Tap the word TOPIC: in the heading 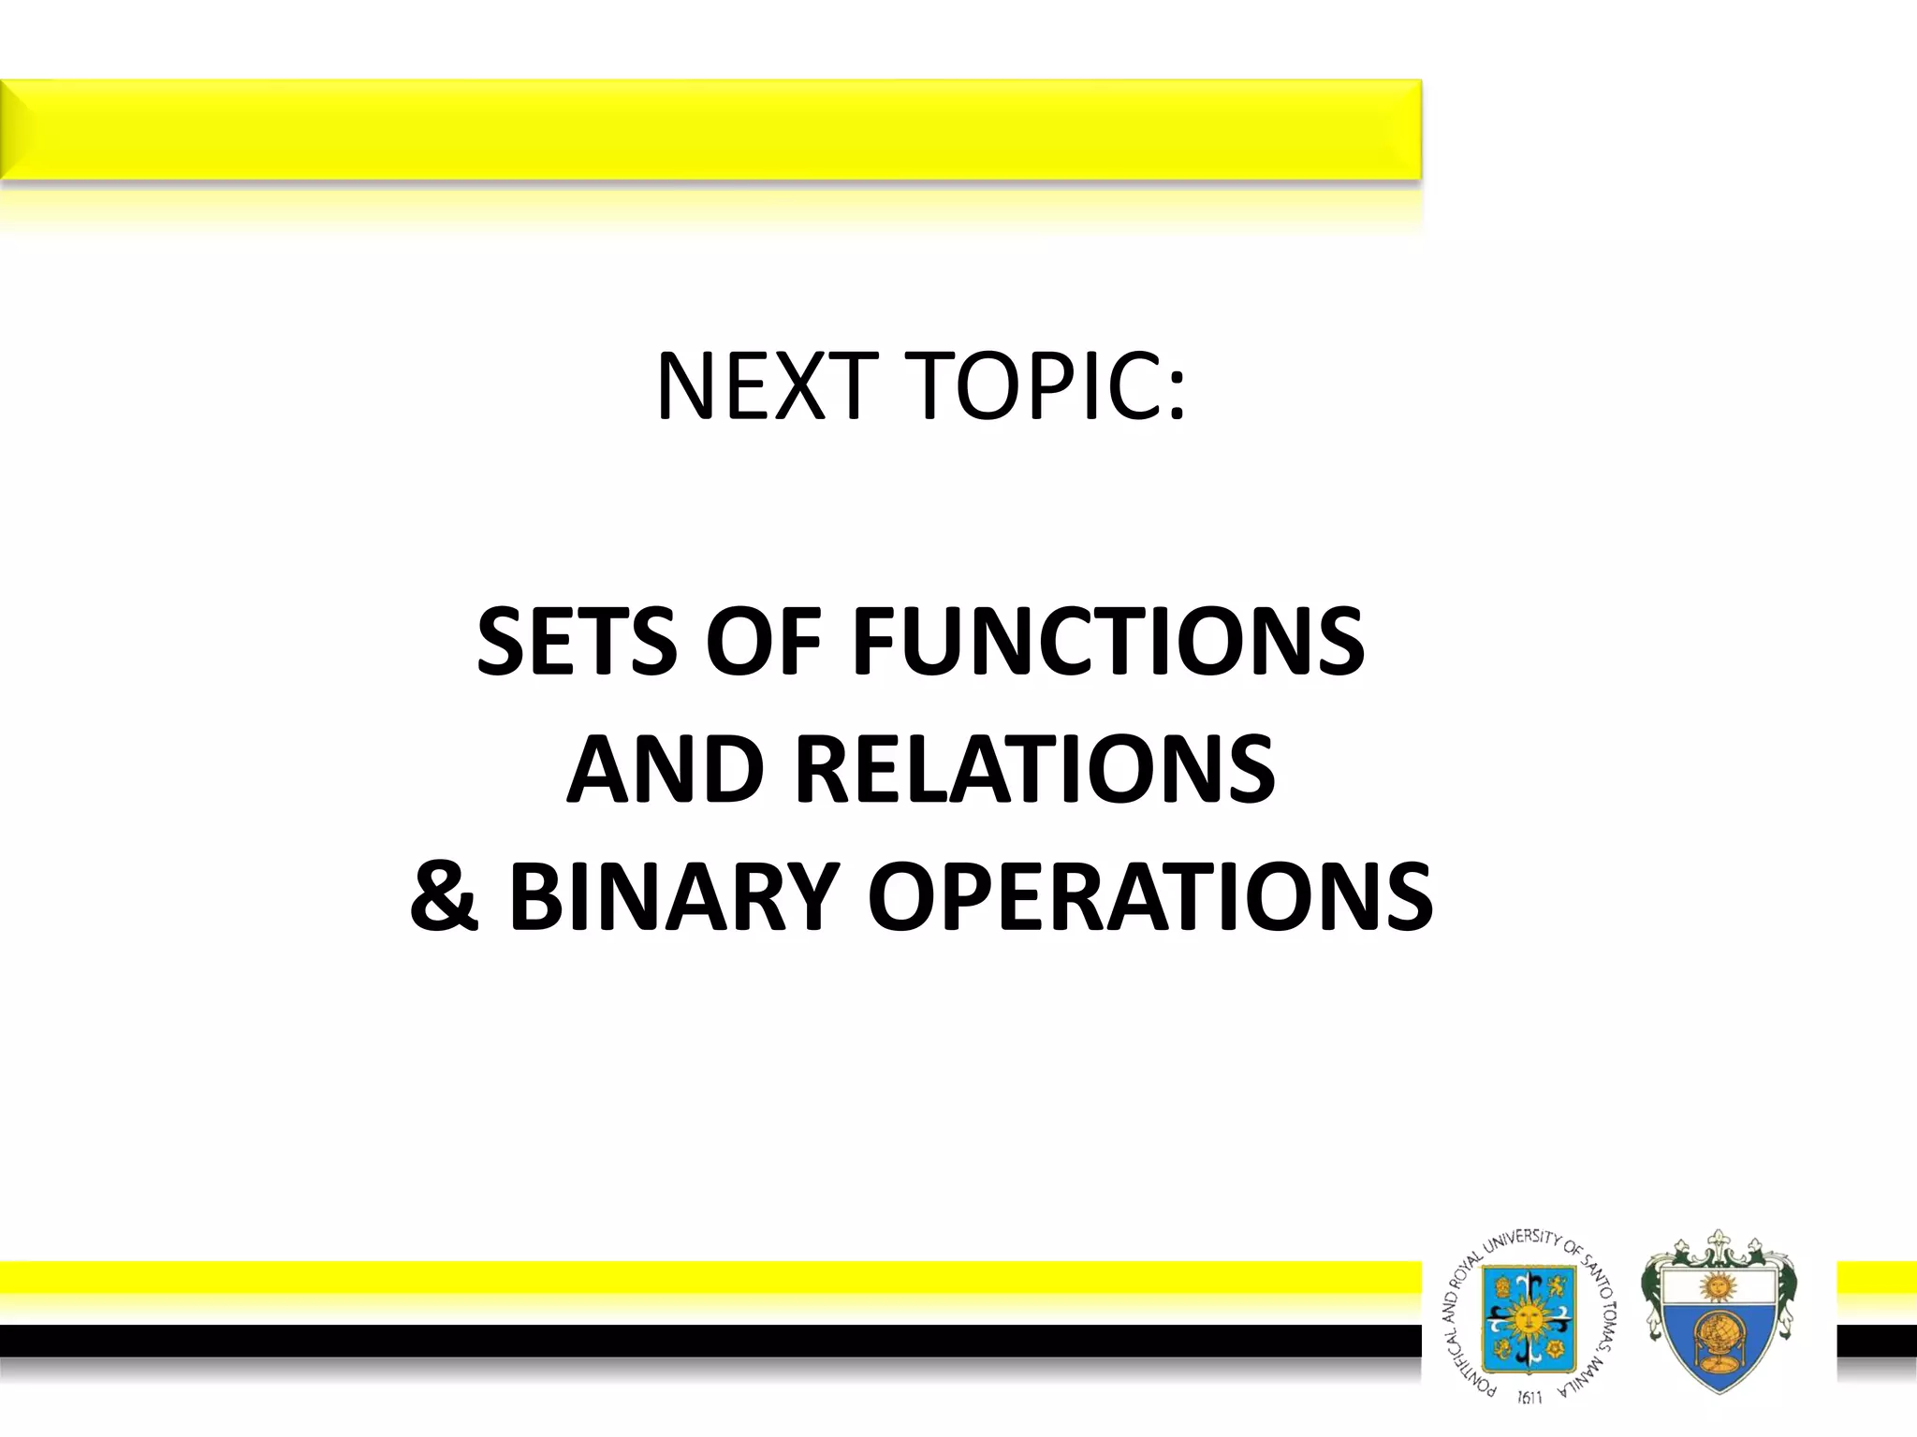(1047, 386)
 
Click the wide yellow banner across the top (711, 129)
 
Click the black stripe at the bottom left (655, 1340)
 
